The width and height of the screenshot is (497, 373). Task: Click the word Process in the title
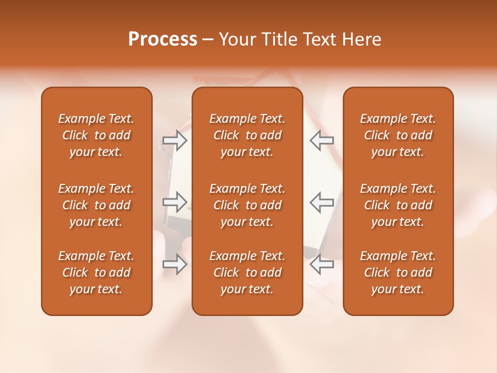click(163, 39)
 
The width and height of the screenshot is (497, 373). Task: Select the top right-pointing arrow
click(174, 141)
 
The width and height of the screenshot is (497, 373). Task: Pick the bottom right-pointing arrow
click(174, 264)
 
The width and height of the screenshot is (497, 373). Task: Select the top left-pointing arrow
click(321, 140)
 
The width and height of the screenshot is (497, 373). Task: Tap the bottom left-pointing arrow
click(321, 264)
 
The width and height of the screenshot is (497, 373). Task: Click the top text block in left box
click(96, 135)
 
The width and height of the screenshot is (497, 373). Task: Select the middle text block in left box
click(96, 205)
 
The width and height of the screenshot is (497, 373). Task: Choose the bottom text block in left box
click(96, 272)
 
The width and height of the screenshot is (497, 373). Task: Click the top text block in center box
click(247, 135)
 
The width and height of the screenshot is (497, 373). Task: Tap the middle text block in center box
click(247, 205)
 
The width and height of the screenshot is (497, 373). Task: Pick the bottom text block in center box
click(247, 272)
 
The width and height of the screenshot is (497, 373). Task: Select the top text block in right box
click(398, 135)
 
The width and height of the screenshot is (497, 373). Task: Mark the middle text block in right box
click(398, 205)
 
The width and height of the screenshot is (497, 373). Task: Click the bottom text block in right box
click(398, 272)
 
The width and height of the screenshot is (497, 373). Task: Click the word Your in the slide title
click(237, 39)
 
